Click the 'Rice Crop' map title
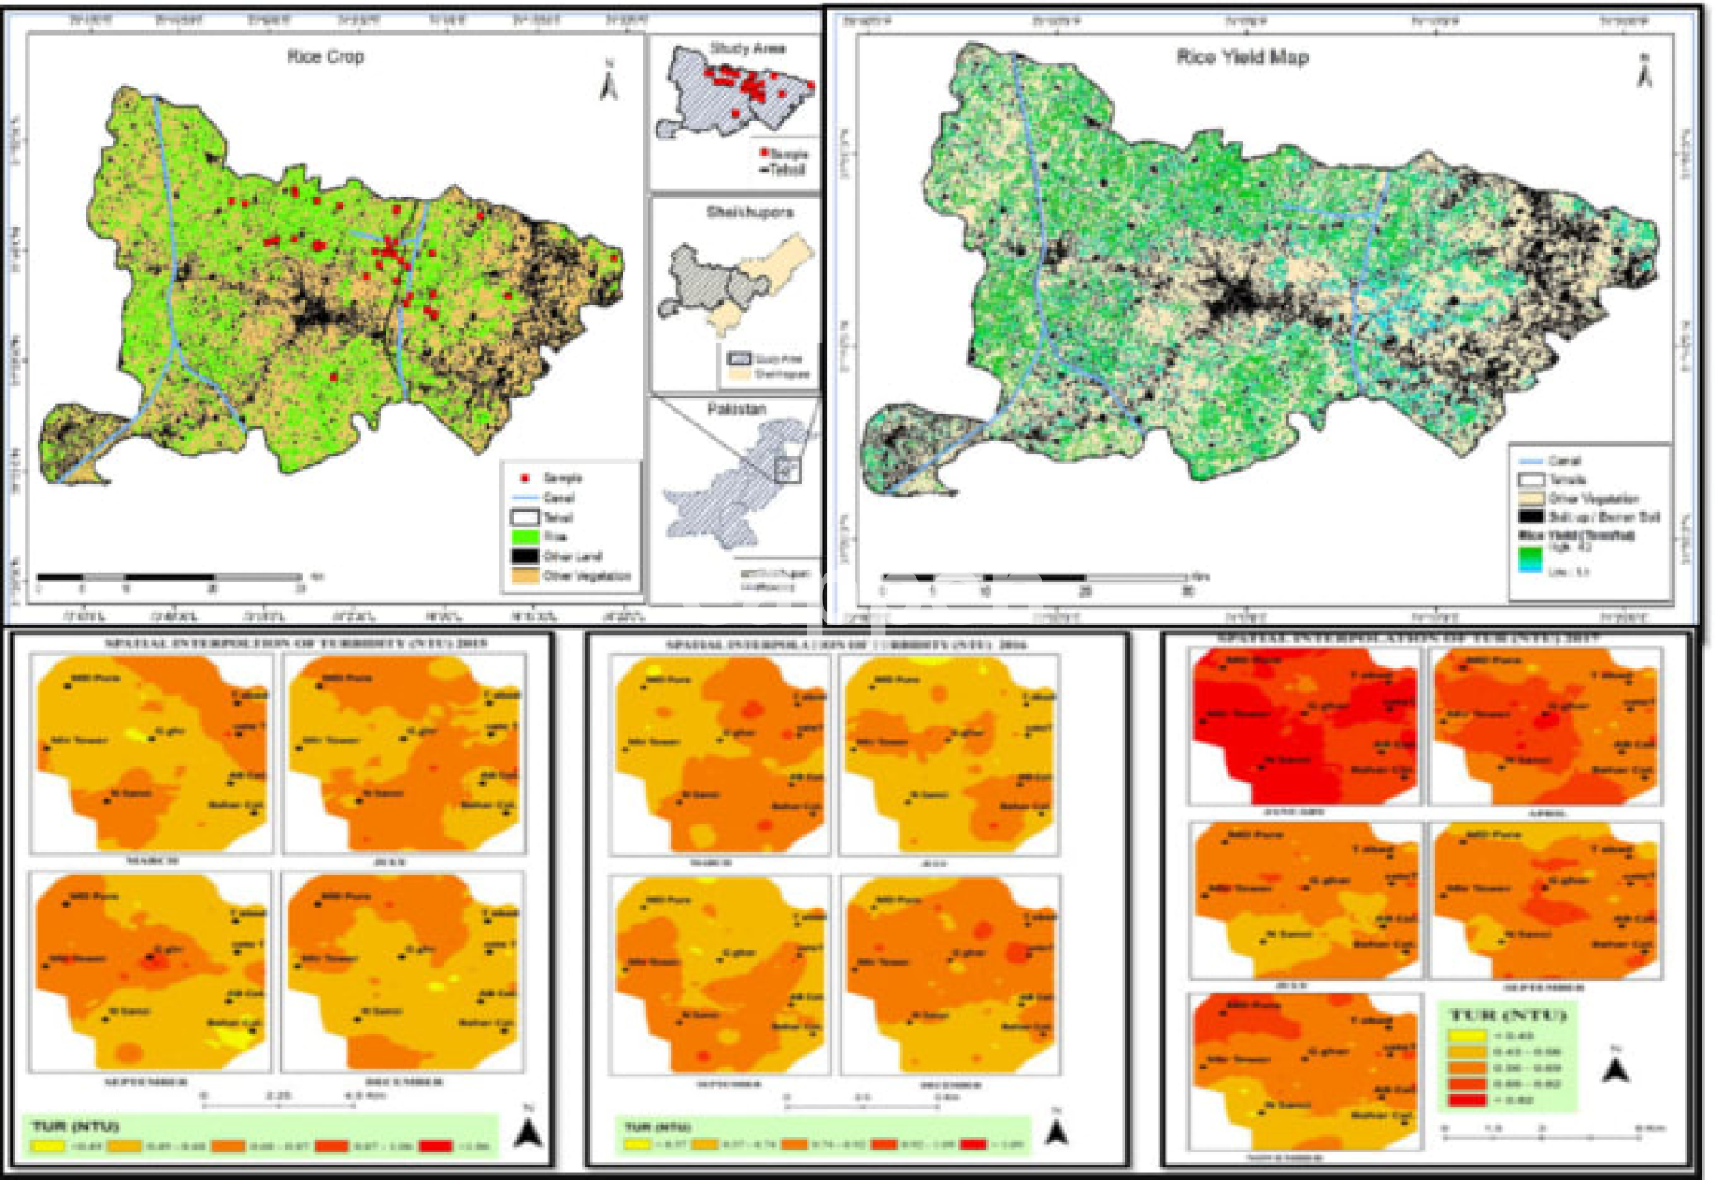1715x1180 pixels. (325, 57)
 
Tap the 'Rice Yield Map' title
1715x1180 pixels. (1242, 58)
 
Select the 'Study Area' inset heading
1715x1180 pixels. (748, 48)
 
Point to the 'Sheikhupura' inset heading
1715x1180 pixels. (749, 213)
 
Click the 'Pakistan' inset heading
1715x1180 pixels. (737, 409)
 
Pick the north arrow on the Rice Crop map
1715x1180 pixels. (609, 82)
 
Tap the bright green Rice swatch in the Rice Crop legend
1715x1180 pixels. (525, 537)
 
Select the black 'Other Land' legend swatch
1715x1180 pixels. (525, 557)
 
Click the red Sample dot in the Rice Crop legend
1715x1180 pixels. (525, 479)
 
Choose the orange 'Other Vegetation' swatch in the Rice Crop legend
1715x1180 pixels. (525, 576)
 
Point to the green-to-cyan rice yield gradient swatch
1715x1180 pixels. (1531, 558)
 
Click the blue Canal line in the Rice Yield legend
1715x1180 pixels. (1531, 461)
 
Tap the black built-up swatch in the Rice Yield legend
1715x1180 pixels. (1532, 516)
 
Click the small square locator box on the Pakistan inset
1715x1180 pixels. (787, 470)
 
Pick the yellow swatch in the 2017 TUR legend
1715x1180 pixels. (1466, 1036)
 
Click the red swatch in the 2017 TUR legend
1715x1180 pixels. (1466, 1100)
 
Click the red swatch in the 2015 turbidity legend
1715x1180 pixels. (435, 1146)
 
